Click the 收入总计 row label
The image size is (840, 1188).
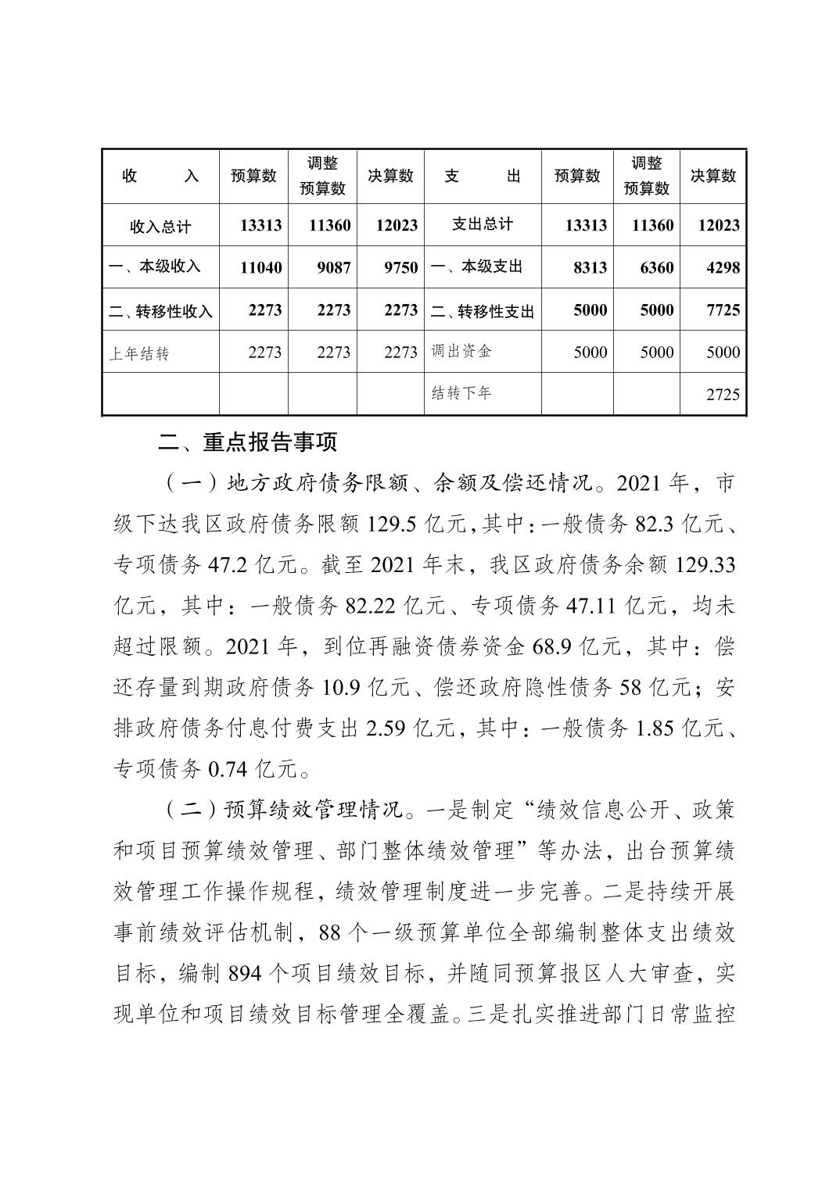click(160, 227)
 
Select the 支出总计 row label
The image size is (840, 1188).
click(483, 224)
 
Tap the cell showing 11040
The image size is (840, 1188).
click(261, 268)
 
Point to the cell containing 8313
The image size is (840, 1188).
click(590, 268)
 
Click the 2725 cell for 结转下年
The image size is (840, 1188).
click(722, 395)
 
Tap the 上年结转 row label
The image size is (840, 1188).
click(139, 354)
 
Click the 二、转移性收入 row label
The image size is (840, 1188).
click(160, 312)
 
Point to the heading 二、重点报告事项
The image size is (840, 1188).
click(247, 443)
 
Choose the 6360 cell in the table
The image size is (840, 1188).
click(655, 268)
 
